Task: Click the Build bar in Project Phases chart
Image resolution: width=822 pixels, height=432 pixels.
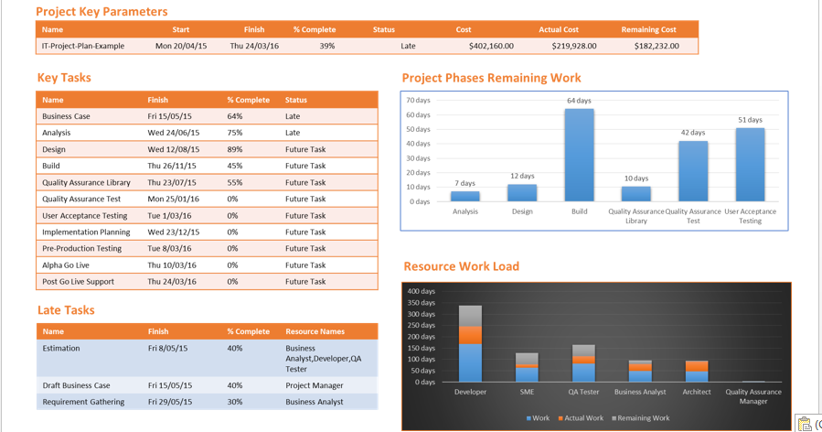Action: click(x=579, y=156)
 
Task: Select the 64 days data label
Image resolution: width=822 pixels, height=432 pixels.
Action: click(x=579, y=101)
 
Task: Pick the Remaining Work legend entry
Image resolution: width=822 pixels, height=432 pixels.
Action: click(x=643, y=418)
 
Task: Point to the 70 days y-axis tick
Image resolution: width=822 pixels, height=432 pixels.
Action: click(x=418, y=100)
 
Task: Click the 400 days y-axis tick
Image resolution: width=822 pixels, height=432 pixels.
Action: click(x=421, y=291)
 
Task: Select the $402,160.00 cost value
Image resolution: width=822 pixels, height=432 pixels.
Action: click(x=491, y=46)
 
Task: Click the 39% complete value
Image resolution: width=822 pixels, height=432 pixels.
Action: click(x=326, y=46)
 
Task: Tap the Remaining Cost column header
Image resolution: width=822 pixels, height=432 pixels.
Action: click(x=648, y=29)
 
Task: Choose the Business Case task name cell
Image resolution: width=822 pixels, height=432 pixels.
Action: click(x=66, y=116)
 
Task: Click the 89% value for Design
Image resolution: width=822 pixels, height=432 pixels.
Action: click(x=235, y=149)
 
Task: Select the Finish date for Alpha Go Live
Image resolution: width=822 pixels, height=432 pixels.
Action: click(x=171, y=265)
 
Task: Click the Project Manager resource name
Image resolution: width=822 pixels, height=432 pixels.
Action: click(x=314, y=385)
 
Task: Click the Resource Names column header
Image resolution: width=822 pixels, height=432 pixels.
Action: click(x=315, y=331)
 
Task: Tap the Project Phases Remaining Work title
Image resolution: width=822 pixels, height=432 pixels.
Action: click(x=491, y=78)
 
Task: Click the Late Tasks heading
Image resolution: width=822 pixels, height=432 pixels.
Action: click(x=66, y=310)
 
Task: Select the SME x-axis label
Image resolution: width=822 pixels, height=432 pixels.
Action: click(x=527, y=392)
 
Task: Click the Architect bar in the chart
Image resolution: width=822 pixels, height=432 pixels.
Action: click(x=697, y=372)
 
